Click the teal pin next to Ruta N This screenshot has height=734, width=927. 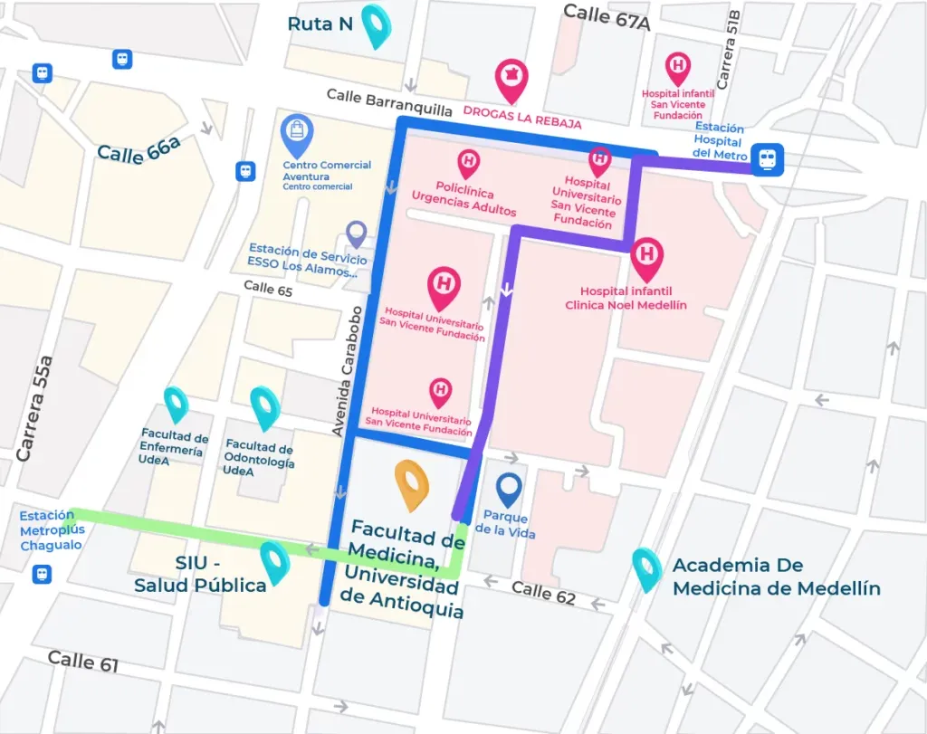(x=375, y=24)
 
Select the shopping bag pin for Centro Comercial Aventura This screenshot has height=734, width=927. (x=297, y=133)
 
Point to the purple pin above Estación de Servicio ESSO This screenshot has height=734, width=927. (x=357, y=234)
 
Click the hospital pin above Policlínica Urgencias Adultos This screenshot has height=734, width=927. (x=468, y=164)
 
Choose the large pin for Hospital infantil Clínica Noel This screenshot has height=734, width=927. (x=646, y=259)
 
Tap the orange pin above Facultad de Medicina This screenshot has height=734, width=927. (x=412, y=483)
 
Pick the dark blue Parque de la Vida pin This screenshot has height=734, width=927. (x=511, y=489)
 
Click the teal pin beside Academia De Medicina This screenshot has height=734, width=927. (x=646, y=568)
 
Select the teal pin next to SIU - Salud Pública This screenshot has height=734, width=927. (x=274, y=561)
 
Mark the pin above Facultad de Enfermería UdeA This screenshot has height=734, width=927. (x=175, y=405)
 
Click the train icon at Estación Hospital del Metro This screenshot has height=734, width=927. (x=768, y=160)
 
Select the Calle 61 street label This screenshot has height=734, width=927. (x=83, y=661)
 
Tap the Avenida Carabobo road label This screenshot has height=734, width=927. (x=347, y=371)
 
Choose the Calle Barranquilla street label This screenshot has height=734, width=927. (x=389, y=101)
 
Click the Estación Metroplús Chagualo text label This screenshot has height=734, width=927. (x=51, y=530)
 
